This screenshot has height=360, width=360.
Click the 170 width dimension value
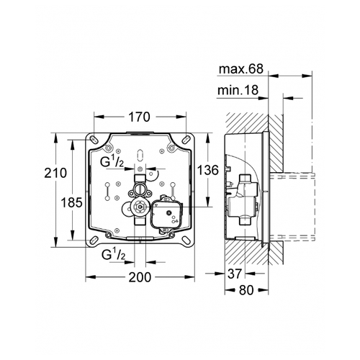click(x=139, y=117)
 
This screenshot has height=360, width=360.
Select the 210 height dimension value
click(x=55, y=173)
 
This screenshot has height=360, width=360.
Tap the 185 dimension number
click(x=71, y=202)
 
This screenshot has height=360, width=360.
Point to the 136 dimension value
click(x=208, y=170)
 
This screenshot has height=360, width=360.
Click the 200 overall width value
click(x=140, y=277)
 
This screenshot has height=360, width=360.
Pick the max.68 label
click(x=241, y=69)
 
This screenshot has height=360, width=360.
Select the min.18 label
click(x=238, y=91)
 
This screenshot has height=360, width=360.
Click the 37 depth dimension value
click(x=234, y=274)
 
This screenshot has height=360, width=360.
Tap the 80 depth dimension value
click(x=246, y=290)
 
